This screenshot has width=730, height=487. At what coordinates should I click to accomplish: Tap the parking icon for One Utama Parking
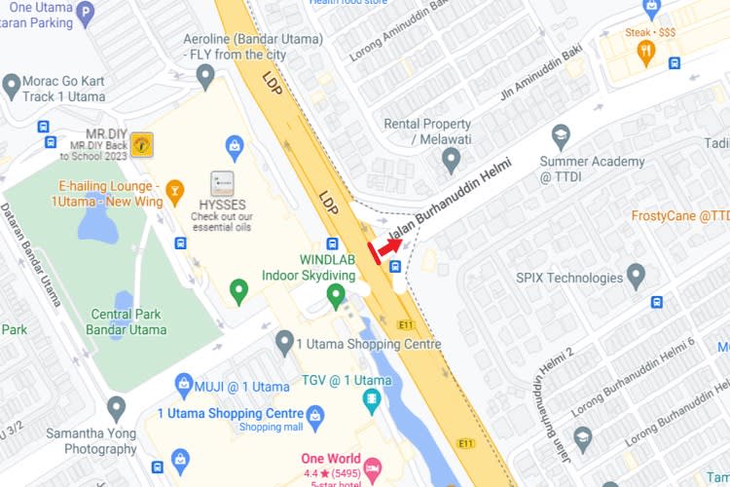86,14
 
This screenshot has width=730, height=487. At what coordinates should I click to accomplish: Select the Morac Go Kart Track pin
12,86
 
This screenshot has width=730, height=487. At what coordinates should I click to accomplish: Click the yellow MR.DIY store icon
142,144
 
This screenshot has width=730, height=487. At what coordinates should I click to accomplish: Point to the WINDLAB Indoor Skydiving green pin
336,293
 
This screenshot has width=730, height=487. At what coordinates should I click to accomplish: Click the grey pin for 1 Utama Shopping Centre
284,342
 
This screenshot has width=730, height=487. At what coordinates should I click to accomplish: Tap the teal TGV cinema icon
371,398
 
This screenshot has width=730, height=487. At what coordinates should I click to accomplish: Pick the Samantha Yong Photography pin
116,408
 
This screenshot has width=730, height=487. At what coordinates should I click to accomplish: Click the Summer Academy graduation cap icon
561,136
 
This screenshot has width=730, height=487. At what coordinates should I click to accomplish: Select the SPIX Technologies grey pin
637,277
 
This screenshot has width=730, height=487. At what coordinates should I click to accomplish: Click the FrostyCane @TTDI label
679,216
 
